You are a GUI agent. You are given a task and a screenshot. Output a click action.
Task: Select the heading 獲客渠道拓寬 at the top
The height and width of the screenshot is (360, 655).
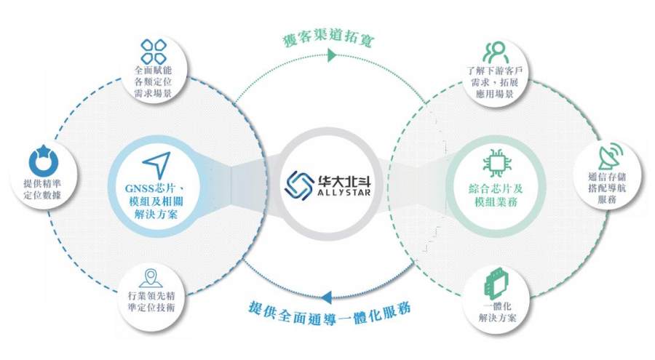(x=329, y=39)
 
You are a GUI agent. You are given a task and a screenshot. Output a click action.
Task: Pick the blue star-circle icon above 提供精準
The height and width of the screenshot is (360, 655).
(x=41, y=161)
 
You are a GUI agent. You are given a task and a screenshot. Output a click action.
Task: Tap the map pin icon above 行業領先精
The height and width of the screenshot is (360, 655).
(x=151, y=278)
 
